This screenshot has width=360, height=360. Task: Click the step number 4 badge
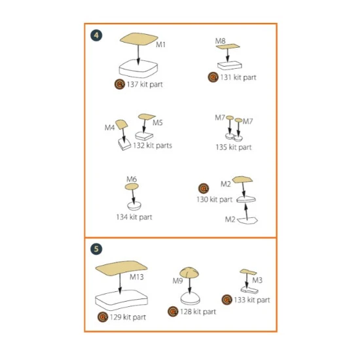click(x=96, y=35)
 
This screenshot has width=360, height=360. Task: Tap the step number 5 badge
click(x=96, y=249)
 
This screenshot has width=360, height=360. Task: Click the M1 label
click(x=161, y=45)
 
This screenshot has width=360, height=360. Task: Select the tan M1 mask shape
click(x=139, y=39)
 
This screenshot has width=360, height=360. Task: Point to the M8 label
click(x=220, y=41)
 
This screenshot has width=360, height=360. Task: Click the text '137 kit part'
click(x=145, y=84)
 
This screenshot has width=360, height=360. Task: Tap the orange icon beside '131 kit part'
click(x=213, y=77)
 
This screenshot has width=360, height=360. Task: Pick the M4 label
click(x=109, y=128)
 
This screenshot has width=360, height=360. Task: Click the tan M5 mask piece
click(x=146, y=117)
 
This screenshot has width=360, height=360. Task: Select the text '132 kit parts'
click(x=153, y=145)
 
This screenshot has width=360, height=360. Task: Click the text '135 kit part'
click(x=234, y=147)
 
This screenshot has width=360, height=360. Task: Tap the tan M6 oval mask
click(x=132, y=187)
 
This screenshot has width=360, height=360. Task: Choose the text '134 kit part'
click(x=134, y=217)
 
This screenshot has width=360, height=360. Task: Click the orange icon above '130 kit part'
click(x=204, y=189)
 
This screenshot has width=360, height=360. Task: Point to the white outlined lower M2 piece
click(x=247, y=221)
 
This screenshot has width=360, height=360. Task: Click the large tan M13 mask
click(x=121, y=268)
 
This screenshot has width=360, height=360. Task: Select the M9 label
click(x=177, y=281)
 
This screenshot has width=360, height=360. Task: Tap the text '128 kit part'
click(x=198, y=312)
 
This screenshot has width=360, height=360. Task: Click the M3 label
click(x=257, y=280)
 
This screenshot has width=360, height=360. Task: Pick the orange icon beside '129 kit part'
click(x=103, y=317)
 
